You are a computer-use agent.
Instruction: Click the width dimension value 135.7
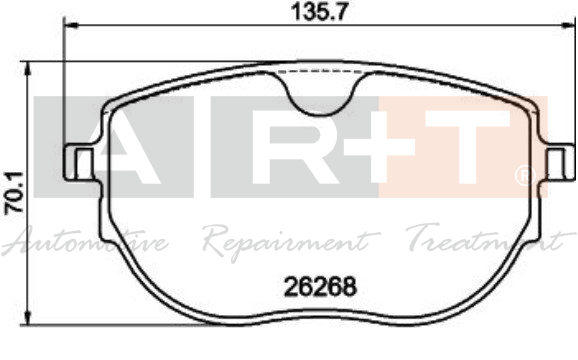319,11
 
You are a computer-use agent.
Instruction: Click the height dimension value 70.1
14,192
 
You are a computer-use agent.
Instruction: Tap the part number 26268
320,287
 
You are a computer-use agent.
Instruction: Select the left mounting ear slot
84,163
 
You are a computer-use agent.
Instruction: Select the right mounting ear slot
556,163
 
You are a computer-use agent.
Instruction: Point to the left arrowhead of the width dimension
71,25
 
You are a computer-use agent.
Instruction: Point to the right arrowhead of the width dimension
568,25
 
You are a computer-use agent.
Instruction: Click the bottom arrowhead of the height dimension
28,318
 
